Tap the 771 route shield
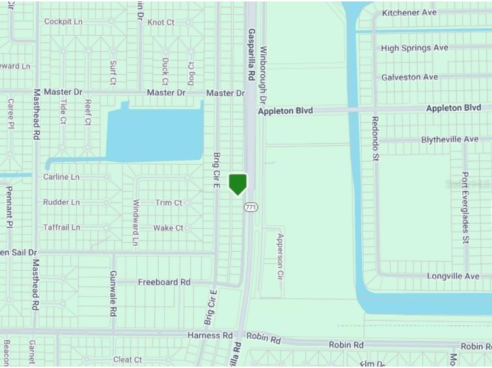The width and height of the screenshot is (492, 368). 251,207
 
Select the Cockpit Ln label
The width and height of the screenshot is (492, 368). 63,22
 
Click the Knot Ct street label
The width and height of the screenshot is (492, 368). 161,22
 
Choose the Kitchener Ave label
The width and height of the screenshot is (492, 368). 409,13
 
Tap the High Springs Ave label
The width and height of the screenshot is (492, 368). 415,48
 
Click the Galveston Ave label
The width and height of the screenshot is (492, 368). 410,77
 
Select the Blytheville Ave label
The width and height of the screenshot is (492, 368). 450,140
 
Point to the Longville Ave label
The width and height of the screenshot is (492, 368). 453,276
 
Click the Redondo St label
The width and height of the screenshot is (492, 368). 375,138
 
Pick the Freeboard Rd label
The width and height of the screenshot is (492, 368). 164,282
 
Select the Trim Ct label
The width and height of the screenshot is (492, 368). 169,202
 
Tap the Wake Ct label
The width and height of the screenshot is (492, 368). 168,228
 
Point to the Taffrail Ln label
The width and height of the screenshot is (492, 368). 62,227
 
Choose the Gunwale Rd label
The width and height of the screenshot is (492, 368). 113,293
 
